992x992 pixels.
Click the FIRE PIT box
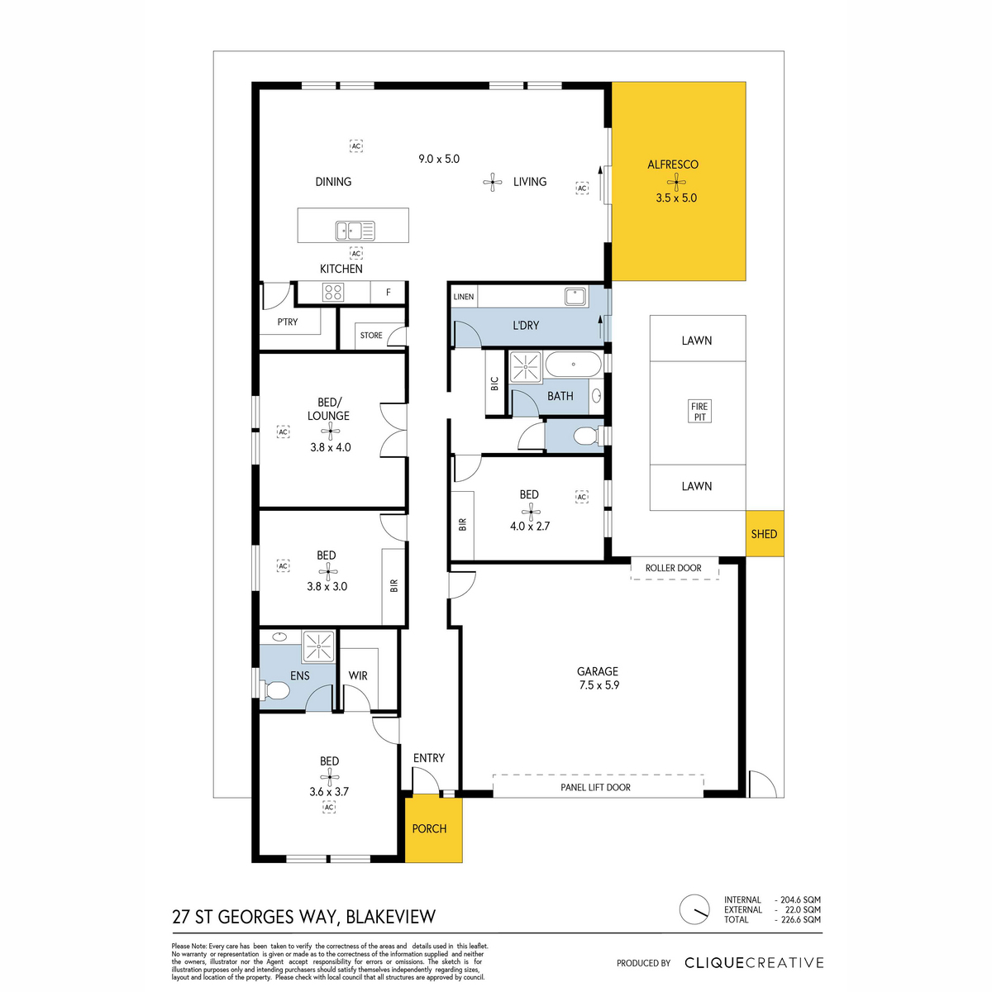coord(699,412)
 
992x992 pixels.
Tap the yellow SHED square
coord(764,533)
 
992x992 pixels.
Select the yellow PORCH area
coord(433,828)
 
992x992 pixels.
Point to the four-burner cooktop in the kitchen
coord(332,292)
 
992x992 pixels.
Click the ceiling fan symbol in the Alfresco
coord(676,182)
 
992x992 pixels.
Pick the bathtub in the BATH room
coord(572,364)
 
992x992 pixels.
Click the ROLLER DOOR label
coord(674,568)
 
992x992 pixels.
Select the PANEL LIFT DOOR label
coord(595,787)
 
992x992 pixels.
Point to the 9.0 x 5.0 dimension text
coord(439,159)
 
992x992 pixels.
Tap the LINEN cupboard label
coord(463,297)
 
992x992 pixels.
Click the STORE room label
coord(371,335)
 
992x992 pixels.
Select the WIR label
coord(358,675)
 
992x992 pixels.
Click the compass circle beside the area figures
coord(694,909)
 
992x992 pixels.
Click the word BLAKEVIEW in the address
coord(391,917)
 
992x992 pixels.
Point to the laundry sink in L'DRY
coord(576,297)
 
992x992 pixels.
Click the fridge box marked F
coord(389,292)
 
